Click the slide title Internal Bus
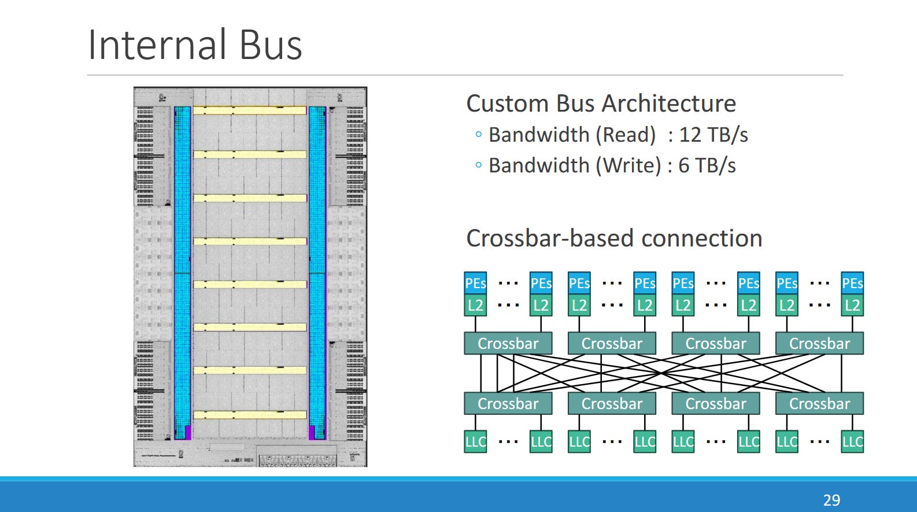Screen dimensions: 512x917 (195, 45)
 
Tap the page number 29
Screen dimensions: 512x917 (831, 500)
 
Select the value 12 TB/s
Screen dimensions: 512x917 (713, 135)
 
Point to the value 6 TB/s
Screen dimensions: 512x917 (707, 166)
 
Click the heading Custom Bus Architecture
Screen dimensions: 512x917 (601, 104)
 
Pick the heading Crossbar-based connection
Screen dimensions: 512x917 (614, 238)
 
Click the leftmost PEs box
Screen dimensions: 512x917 (475, 283)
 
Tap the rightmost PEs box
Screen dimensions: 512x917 (852, 283)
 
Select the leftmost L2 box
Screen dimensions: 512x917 (475, 305)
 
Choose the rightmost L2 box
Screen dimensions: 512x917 (852, 305)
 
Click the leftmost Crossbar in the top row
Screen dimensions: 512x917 (508, 343)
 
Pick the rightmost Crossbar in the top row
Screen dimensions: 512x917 (819, 343)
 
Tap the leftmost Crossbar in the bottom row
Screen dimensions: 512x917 (508, 403)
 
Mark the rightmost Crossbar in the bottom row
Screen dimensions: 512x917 (819, 403)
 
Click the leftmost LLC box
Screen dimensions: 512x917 (475, 441)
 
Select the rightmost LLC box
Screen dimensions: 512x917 (852, 441)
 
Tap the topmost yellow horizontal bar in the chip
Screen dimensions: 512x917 (249, 110)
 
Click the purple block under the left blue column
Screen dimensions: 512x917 (187, 432)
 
